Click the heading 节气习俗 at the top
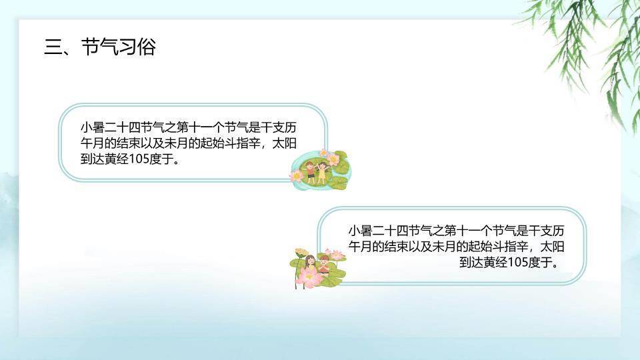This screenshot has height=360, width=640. click(x=118, y=47)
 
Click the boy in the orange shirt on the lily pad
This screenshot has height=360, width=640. click(x=311, y=171)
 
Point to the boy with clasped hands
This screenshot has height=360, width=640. click(x=324, y=264)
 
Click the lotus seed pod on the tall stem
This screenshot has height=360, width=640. click(x=299, y=253)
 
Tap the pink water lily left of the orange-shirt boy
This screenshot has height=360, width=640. click(x=297, y=175)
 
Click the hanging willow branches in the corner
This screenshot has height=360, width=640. click(x=587, y=40)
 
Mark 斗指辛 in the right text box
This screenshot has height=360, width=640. click(x=506, y=247)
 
